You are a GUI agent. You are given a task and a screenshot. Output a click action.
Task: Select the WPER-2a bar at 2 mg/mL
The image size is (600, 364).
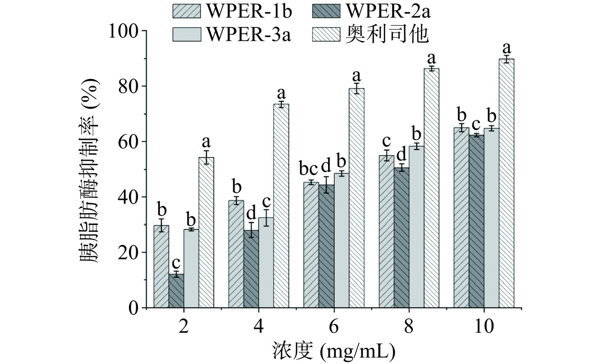point(176,291)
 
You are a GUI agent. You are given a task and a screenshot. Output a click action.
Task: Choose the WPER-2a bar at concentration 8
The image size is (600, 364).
point(401,237)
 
